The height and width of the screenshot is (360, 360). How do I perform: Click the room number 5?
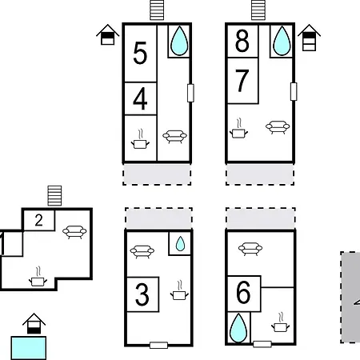(140, 53)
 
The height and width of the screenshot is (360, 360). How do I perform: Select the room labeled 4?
(140, 98)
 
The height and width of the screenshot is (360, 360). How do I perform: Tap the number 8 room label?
(242, 41)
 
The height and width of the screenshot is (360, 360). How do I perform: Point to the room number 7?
(242, 80)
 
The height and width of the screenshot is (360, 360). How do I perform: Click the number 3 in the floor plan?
(142, 294)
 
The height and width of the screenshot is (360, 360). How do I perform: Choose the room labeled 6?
(243, 292)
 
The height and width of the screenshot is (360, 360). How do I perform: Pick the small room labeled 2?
(39, 220)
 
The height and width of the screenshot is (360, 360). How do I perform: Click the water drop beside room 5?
(179, 41)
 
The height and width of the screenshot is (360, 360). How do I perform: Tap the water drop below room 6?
(238, 328)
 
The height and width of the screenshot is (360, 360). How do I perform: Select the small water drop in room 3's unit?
(180, 244)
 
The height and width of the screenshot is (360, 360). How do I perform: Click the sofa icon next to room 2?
(74, 232)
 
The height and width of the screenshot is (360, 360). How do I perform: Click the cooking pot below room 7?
(238, 129)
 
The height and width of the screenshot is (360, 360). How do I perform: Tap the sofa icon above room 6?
(250, 249)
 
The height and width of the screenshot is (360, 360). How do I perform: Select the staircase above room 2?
(54, 196)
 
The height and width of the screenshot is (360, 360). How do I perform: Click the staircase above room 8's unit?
(258, 10)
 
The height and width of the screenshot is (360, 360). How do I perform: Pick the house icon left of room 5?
(108, 34)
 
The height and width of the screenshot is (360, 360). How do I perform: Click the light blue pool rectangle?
(29, 348)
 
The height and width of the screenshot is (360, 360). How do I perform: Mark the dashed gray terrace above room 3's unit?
(158, 218)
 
